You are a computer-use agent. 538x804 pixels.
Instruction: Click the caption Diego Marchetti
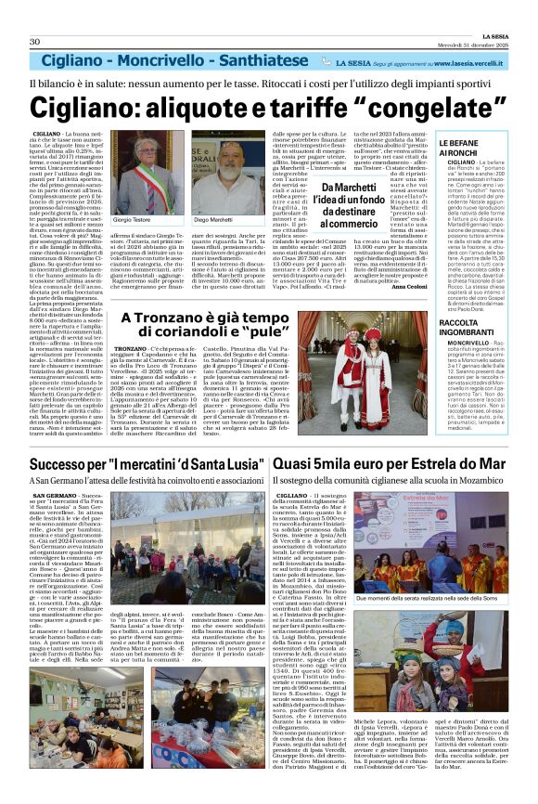pos(212,220)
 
